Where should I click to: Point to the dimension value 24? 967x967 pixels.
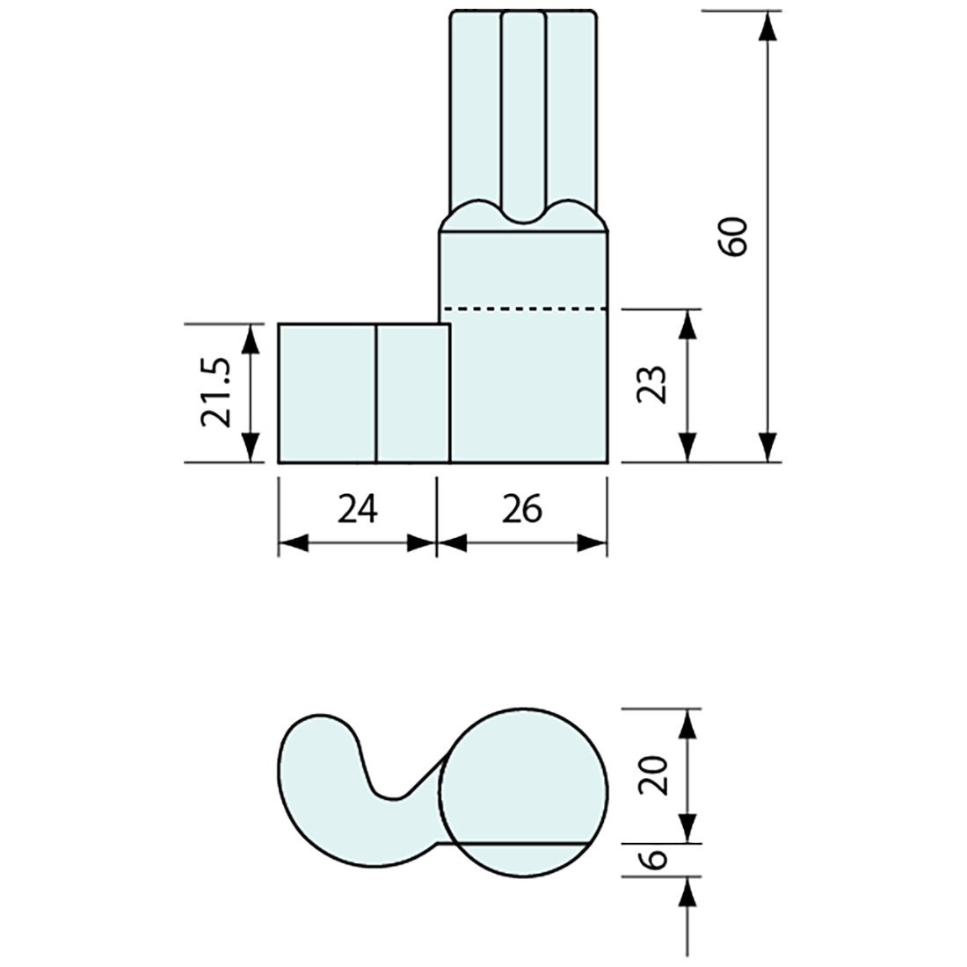click(357, 509)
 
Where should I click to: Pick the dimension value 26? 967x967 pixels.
click(522, 509)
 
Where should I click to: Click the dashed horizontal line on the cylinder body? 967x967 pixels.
click(524, 309)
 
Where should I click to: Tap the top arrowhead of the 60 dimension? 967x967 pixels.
click(768, 26)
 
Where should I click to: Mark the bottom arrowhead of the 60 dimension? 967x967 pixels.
click(768, 446)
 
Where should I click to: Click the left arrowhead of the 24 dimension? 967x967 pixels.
click(294, 544)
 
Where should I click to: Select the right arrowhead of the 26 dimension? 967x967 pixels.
click(592, 544)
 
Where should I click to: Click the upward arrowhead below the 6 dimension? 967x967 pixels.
click(689, 891)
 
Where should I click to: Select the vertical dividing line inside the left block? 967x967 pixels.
click(376, 392)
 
